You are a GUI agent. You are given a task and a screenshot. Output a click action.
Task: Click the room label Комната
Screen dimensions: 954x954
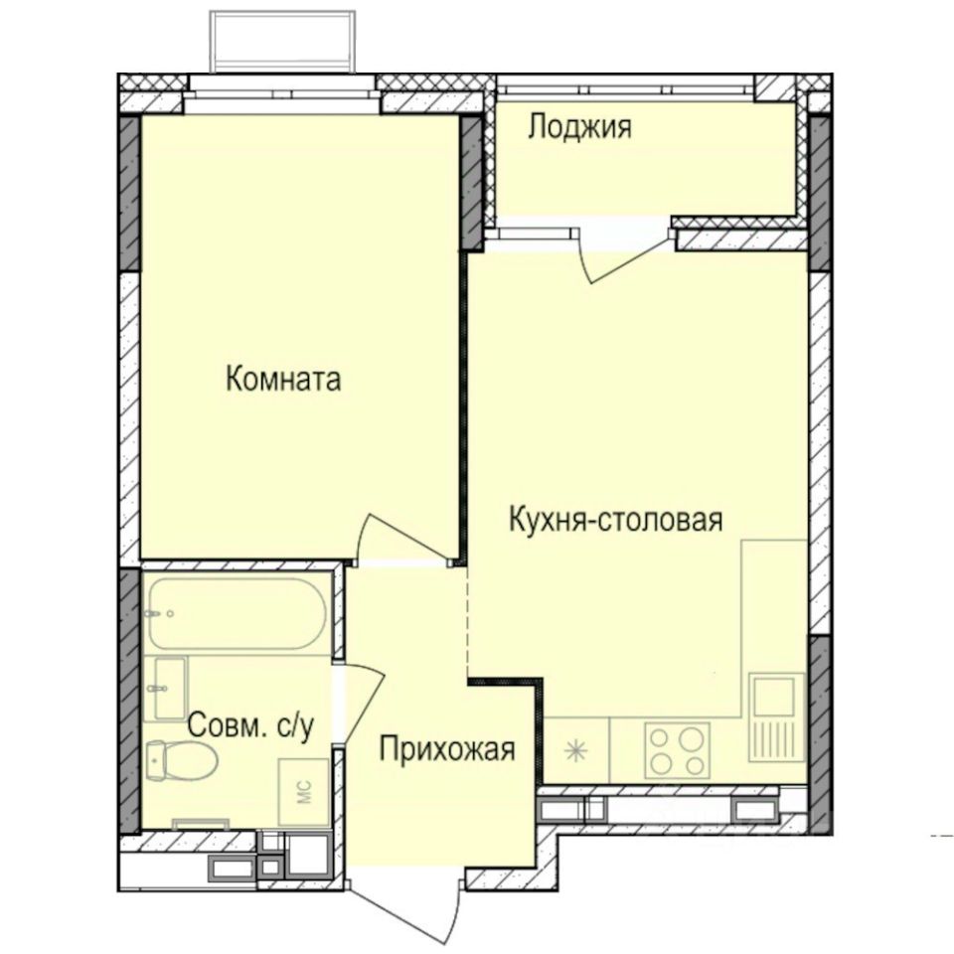tap(283, 380)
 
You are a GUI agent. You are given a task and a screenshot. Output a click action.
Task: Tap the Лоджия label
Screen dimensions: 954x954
tap(579, 127)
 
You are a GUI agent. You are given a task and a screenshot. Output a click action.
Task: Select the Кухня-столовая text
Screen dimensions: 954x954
tap(614, 520)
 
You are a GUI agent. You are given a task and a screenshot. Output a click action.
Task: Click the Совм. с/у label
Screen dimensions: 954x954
tap(251, 726)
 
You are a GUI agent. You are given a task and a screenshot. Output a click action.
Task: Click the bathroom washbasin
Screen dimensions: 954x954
tap(165, 688)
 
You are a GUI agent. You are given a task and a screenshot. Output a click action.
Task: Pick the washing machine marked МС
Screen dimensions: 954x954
tap(304, 792)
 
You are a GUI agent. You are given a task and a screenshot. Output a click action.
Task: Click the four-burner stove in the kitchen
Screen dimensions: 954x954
tap(677, 750)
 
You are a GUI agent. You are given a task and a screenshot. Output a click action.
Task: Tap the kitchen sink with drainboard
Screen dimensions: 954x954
tap(777, 717)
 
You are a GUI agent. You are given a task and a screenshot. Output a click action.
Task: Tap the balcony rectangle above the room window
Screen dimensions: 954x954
tap(282, 42)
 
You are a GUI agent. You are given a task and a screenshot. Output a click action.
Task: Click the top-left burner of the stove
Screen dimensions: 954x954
tap(660, 736)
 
